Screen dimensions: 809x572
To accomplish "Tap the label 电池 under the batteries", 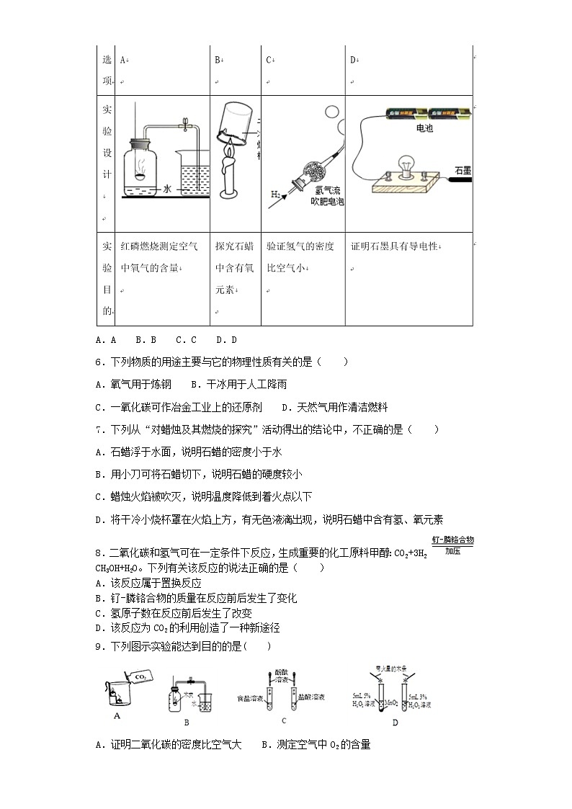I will tap(425, 128).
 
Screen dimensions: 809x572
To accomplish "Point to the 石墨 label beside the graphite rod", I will tap(462, 170).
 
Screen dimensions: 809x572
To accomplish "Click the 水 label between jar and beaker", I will tap(167, 189).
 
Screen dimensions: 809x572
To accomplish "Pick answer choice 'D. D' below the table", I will tap(226, 339).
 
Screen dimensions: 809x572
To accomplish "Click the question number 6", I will tap(99, 362).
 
